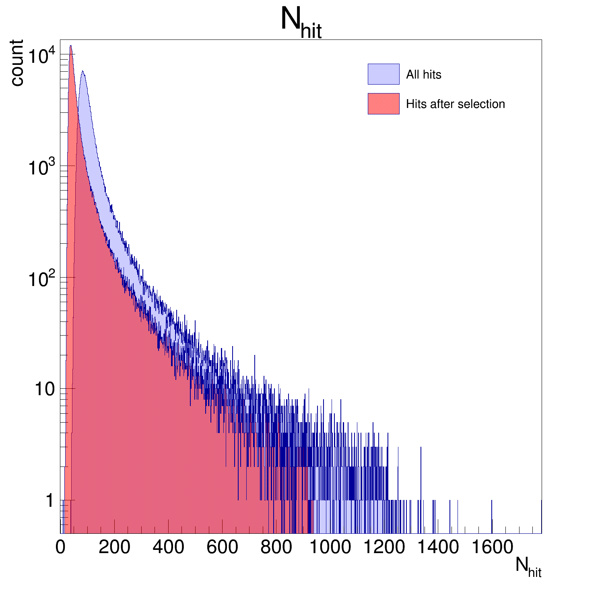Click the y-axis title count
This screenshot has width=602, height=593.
click(17, 63)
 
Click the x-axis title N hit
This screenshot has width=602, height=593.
click(528, 567)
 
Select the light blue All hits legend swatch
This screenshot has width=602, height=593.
click(383, 74)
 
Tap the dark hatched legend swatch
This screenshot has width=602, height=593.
click(383, 104)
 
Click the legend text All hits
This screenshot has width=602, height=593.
click(423, 75)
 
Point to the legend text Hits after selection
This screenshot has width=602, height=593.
click(455, 104)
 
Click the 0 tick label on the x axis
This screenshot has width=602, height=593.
click(60, 547)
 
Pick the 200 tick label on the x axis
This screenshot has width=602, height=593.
click(114, 547)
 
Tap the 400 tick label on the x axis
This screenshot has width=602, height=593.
click(168, 547)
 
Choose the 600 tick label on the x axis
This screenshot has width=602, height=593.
click(222, 547)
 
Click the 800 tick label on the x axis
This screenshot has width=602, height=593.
click(276, 547)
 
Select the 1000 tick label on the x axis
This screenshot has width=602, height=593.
click(330, 547)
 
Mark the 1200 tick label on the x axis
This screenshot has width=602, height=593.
click(384, 547)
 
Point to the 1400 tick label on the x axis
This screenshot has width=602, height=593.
click(438, 547)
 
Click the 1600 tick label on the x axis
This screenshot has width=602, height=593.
click(492, 547)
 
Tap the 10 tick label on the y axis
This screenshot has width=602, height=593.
click(44, 389)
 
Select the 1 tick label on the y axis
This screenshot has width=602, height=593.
click(49, 501)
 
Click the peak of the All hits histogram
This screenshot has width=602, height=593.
click(82, 71)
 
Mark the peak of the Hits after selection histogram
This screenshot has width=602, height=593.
click(70, 46)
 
